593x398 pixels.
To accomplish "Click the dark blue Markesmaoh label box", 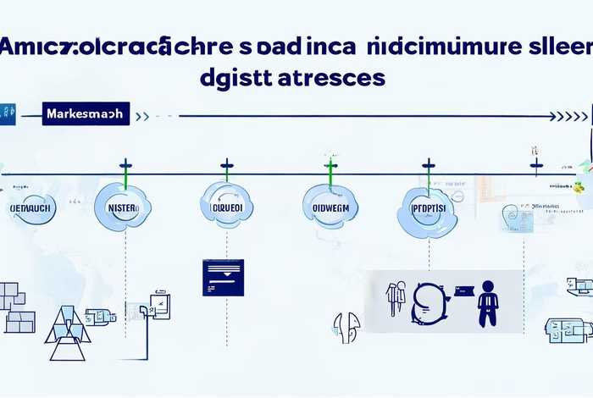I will [85, 113].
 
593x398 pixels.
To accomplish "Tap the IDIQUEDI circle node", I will [226, 206].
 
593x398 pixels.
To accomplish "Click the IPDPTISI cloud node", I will [428, 208].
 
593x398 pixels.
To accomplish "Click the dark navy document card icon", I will [223, 277].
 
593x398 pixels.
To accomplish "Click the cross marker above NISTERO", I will [125, 164].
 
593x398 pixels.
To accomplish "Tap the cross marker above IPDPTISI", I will [429, 164].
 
